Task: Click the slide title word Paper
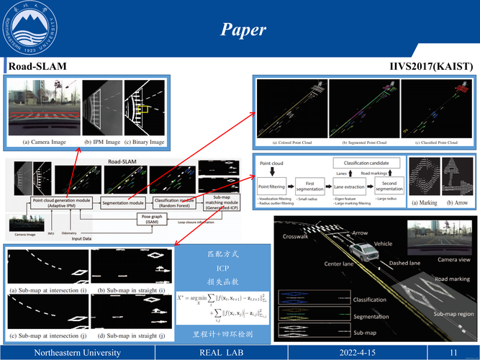point(243,30)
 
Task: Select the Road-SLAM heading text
point(37,66)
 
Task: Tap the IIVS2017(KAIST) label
point(431,66)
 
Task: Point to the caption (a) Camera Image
point(45,142)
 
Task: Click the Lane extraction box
point(350,186)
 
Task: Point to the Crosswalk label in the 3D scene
point(296,236)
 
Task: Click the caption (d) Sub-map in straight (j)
point(130,336)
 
